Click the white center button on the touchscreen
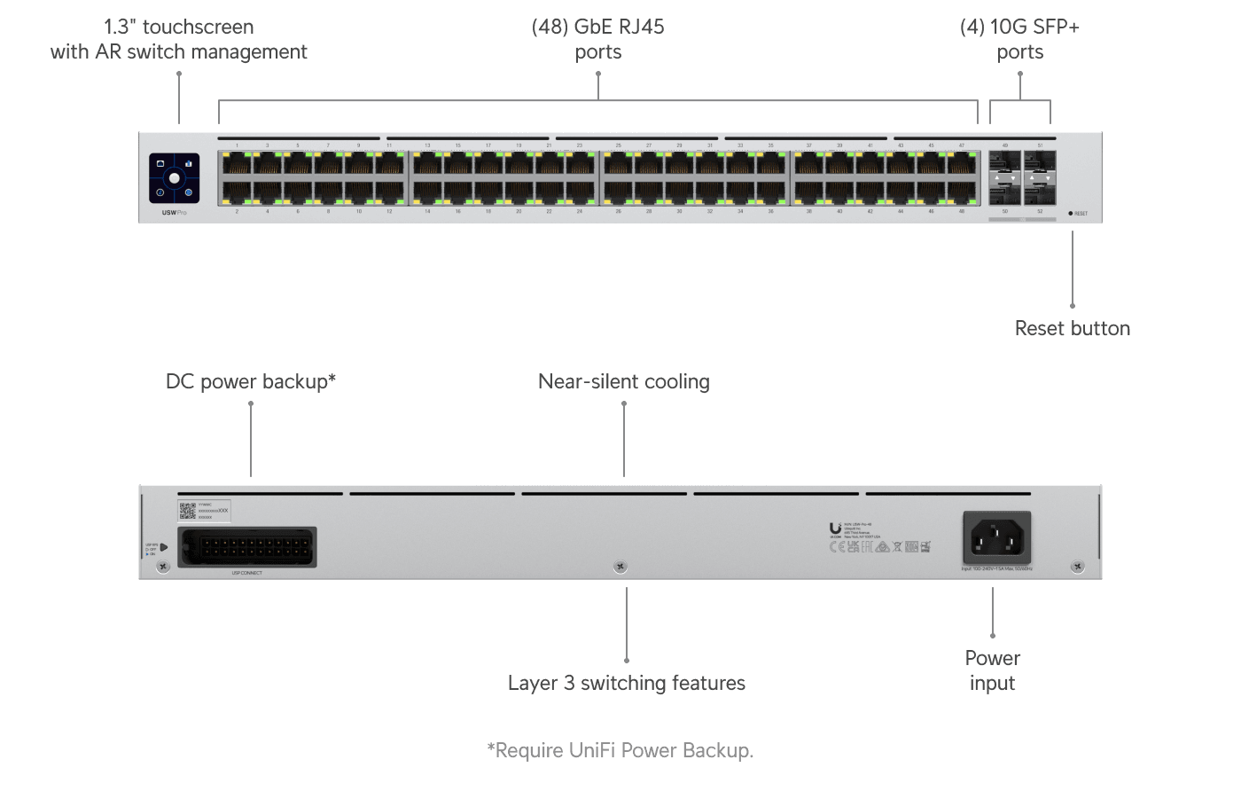point(175,178)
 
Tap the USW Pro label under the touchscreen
point(174,213)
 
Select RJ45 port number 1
point(237,162)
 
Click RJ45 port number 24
point(580,192)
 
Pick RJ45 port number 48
point(962,192)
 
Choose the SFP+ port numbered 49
point(1005,162)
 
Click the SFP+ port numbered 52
point(1040,192)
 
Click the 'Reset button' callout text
point(1072,328)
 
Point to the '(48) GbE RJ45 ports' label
point(597,39)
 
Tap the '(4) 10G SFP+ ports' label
point(1019,39)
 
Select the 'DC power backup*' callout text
point(251,382)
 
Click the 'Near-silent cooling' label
point(623,382)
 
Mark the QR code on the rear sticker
point(187,510)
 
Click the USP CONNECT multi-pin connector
point(247,546)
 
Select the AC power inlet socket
point(997,537)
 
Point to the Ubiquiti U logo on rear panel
point(835,529)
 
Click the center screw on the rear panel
point(620,566)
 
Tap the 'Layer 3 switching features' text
point(626,683)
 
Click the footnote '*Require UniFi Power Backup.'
point(620,750)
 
